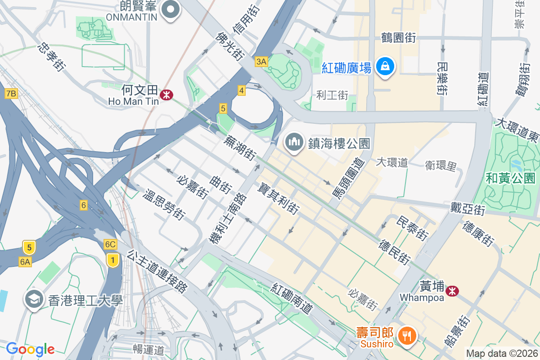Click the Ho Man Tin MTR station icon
coord(167,95)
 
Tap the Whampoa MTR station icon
coord(452,291)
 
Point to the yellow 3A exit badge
coord(261,62)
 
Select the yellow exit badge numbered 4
coord(242,91)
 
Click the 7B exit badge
coord(11,94)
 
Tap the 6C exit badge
coord(110,244)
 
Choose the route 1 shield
coord(113,259)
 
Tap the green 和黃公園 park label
coord(510,178)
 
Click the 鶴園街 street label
coord(398,38)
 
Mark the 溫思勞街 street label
coord(164,205)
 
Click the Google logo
coord(30,349)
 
